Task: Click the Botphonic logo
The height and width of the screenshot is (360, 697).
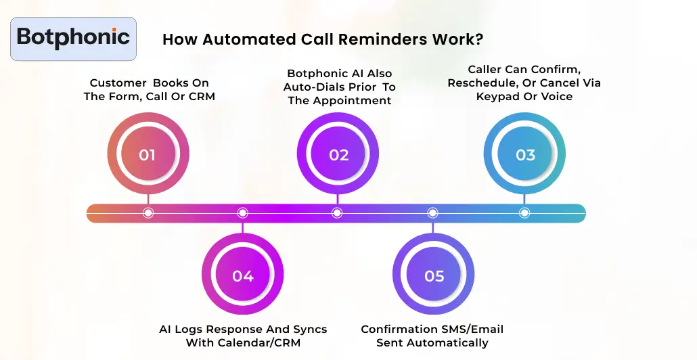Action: coord(74,39)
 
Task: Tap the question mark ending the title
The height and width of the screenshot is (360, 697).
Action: coord(478,39)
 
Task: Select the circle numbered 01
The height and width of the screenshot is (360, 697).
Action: coord(148,155)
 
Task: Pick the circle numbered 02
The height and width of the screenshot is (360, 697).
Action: coord(338,155)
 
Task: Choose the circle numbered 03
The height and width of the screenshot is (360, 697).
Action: coord(525,155)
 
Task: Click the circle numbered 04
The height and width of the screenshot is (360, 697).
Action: coord(242,276)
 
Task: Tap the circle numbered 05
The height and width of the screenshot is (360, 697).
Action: coord(434,276)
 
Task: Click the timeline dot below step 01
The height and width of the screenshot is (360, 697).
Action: coord(148,213)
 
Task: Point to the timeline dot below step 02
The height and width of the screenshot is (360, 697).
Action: coord(337,213)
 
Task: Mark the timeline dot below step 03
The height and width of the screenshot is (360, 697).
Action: coord(524,213)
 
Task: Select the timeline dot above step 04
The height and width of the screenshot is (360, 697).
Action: coord(242,213)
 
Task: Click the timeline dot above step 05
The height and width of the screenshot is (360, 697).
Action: coord(432,213)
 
